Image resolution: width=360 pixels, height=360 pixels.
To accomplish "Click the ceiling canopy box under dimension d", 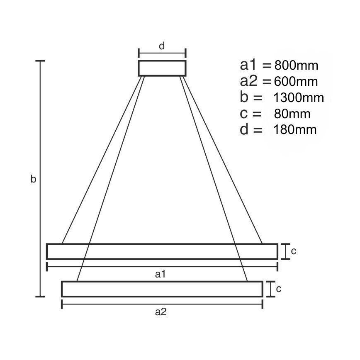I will [162, 68].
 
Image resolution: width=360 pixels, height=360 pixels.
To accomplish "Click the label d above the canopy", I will [162, 46].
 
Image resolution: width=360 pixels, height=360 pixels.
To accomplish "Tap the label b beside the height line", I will [34, 179].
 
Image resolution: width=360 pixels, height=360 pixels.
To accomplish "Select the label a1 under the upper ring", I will [161, 274].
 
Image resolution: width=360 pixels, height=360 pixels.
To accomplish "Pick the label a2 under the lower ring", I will [161, 312].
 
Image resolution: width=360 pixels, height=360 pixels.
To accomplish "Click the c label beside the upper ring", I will [293, 251].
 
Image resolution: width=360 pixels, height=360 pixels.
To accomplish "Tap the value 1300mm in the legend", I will [299, 98].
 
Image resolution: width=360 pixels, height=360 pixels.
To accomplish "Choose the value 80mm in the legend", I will [292, 114].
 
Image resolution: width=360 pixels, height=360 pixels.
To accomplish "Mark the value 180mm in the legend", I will [295, 130].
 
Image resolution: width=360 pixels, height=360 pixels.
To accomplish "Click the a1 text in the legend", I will [250, 65].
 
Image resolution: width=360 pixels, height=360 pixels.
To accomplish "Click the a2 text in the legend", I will [250, 81].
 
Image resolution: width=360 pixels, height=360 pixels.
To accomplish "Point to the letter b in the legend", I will [244, 98].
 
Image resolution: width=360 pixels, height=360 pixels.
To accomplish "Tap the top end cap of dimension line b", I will [40, 61].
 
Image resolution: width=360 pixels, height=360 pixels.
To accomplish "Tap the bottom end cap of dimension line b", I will [40, 297].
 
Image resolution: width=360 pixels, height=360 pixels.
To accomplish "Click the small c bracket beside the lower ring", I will [270, 289].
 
